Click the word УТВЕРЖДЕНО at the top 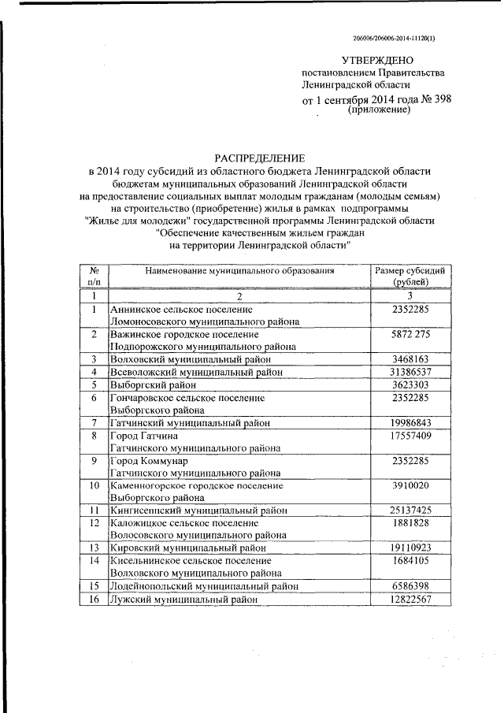(x=376, y=60)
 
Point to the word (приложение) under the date (x=380, y=111)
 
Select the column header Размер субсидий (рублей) (x=409, y=276)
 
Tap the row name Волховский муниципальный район (x=188, y=358)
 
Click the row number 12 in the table (x=94, y=522)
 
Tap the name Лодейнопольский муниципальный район (x=204, y=586)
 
